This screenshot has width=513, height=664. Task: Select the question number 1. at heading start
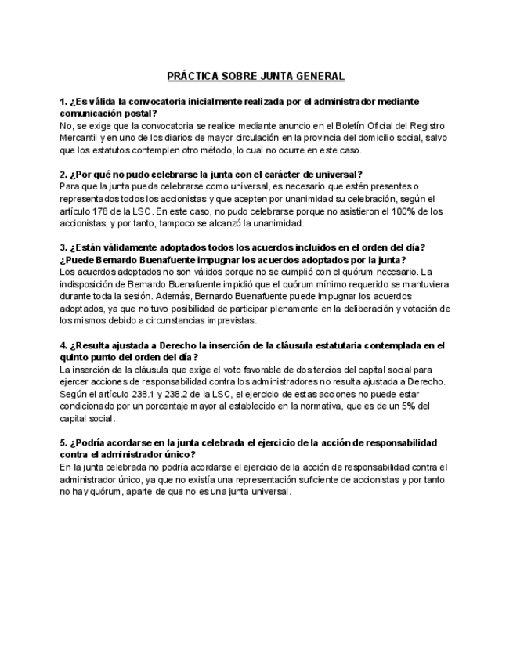pos(63,102)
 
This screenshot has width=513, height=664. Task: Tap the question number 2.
pos(63,175)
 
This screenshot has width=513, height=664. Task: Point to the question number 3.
pos(63,247)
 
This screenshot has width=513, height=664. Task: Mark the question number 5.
pos(63,442)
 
